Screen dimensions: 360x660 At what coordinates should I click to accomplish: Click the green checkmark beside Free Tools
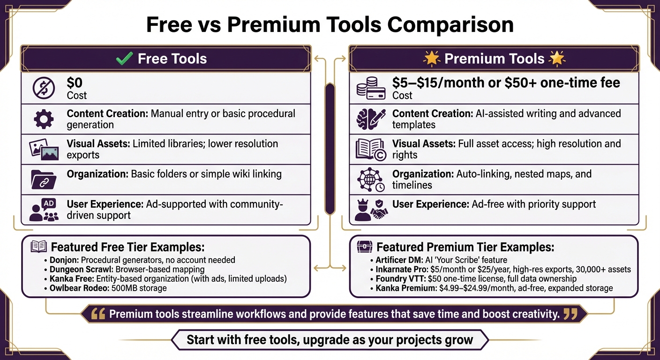tap(124, 59)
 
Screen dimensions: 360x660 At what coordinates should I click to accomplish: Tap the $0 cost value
tap(75, 83)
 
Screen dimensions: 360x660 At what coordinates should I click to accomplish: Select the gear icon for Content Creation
tap(44, 119)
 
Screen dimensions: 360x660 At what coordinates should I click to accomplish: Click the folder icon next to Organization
tap(44, 179)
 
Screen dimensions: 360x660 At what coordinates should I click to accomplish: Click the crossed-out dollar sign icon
tap(44, 89)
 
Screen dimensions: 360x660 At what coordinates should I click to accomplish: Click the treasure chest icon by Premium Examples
tap(364, 247)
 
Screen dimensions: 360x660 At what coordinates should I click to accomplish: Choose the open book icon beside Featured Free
tap(38, 247)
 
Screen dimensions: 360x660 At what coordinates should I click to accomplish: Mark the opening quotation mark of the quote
tap(98, 314)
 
